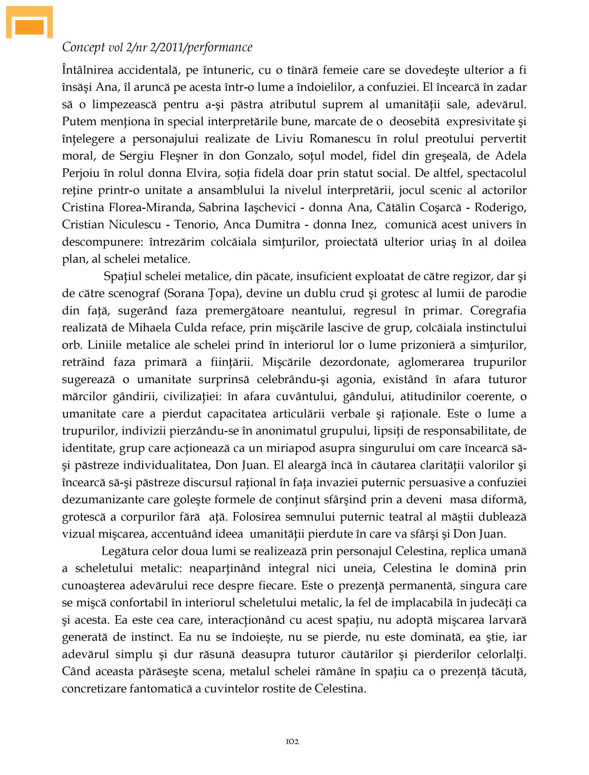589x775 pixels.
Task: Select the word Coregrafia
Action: (x=498, y=310)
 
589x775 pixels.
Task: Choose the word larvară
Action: (x=507, y=620)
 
